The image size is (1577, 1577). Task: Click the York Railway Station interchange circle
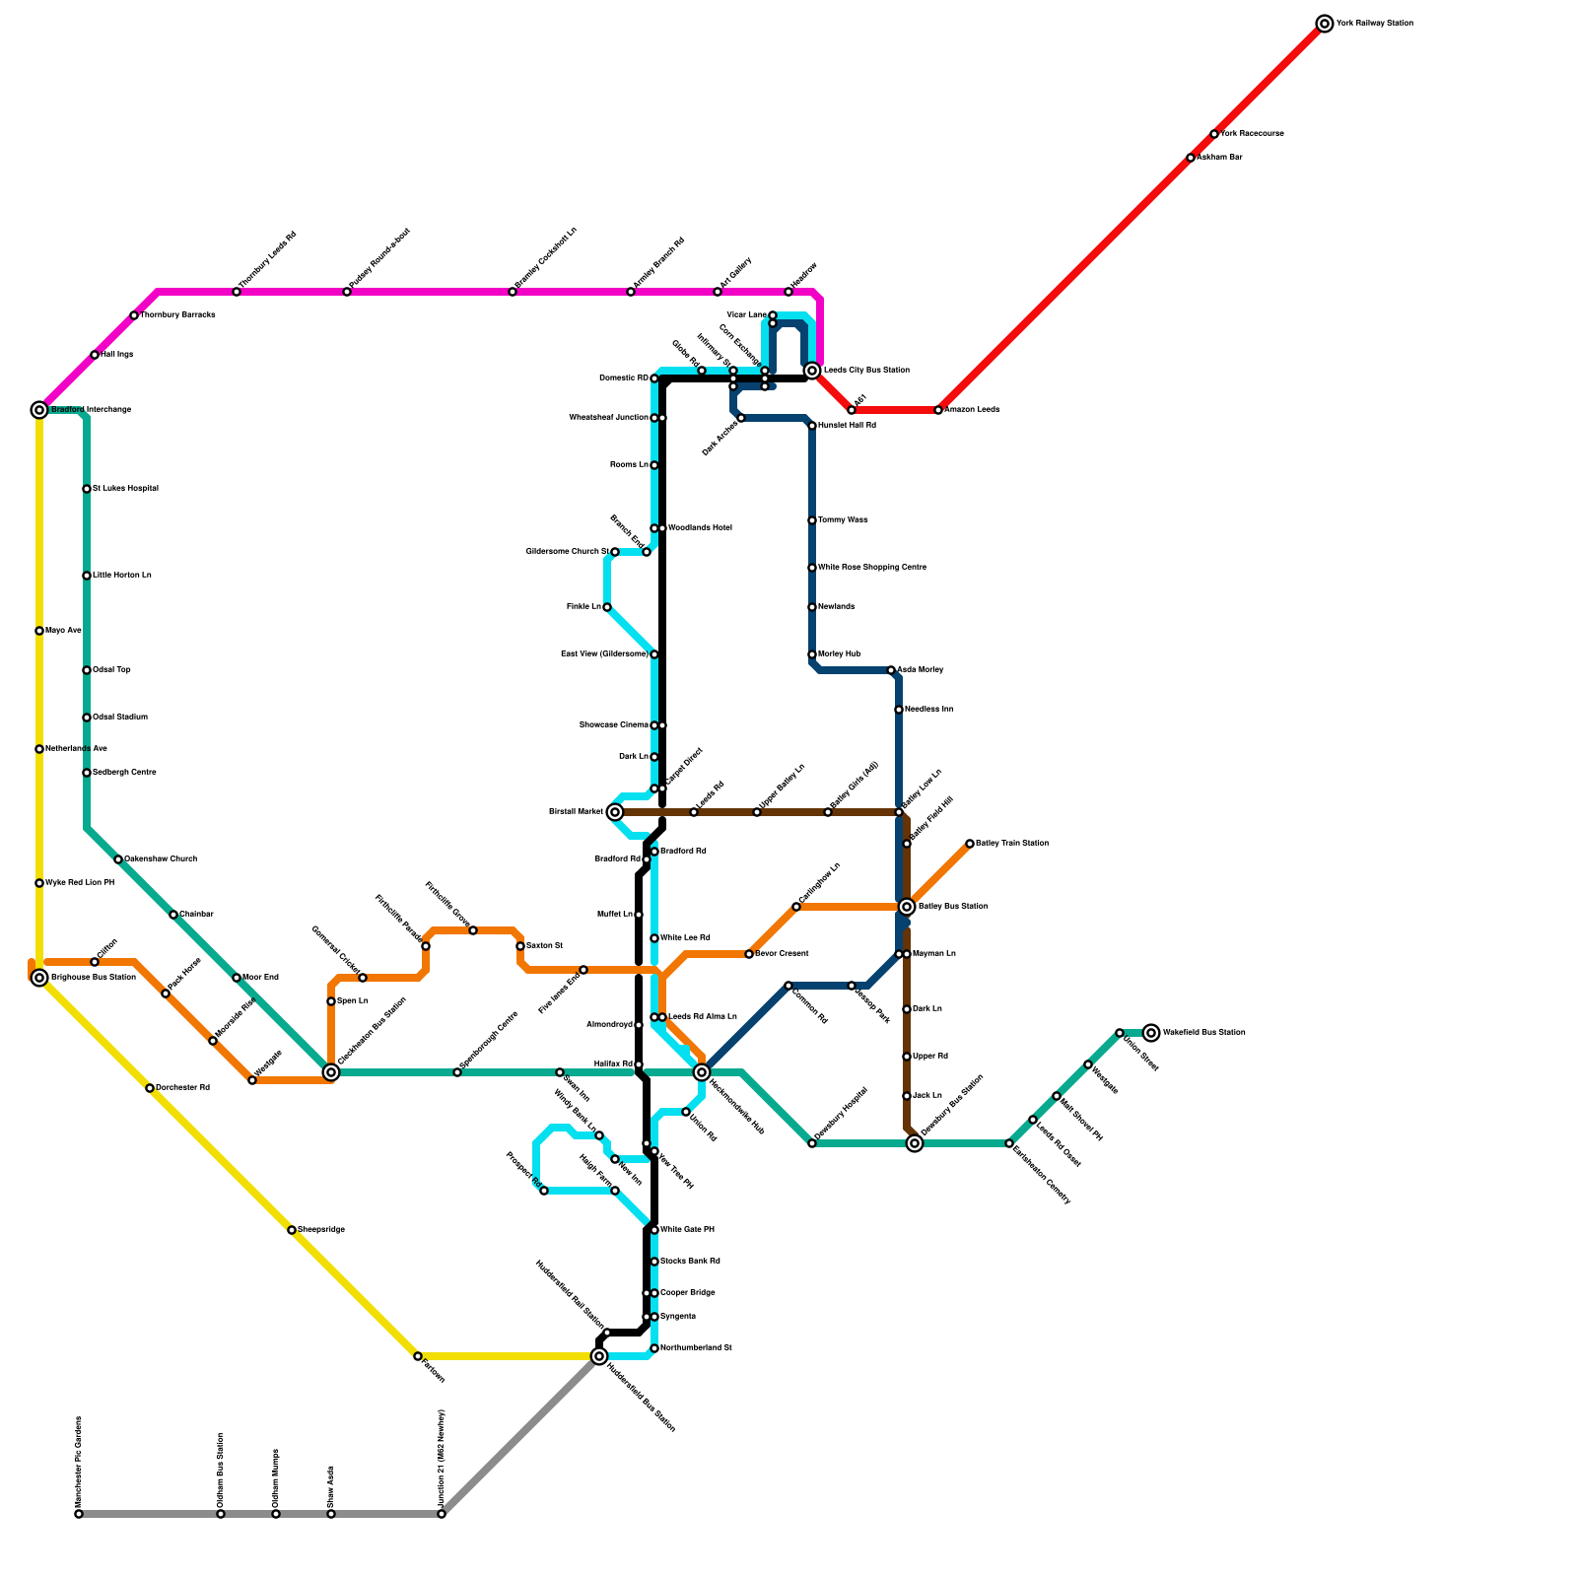[x=1325, y=24]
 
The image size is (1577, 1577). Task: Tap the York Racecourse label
[x=1252, y=134]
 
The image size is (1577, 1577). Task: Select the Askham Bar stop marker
[x=1191, y=158]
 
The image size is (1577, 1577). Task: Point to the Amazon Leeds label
[x=973, y=410]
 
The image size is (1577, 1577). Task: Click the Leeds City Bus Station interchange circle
[x=812, y=371]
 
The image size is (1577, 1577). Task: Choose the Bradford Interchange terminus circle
[x=39, y=410]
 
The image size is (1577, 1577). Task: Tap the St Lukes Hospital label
[x=125, y=489]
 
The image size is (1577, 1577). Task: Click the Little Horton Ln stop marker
[x=87, y=576]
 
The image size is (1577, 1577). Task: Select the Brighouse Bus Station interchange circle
[x=39, y=978]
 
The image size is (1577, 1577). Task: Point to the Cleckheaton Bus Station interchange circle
[x=331, y=1072]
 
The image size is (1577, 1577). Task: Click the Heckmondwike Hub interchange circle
[x=702, y=1072]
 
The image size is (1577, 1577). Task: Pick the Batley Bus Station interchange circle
[x=907, y=907]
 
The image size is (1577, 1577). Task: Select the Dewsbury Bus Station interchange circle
[x=915, y=1143]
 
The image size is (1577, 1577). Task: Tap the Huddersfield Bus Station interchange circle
[x=599, y=1356]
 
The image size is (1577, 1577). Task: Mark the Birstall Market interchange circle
[x=615, y=812]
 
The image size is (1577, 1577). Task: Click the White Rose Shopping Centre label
[x=871, y=568]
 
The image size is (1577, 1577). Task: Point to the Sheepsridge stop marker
[x=292, y=1230]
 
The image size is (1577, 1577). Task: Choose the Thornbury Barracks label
[x=177, y=315]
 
